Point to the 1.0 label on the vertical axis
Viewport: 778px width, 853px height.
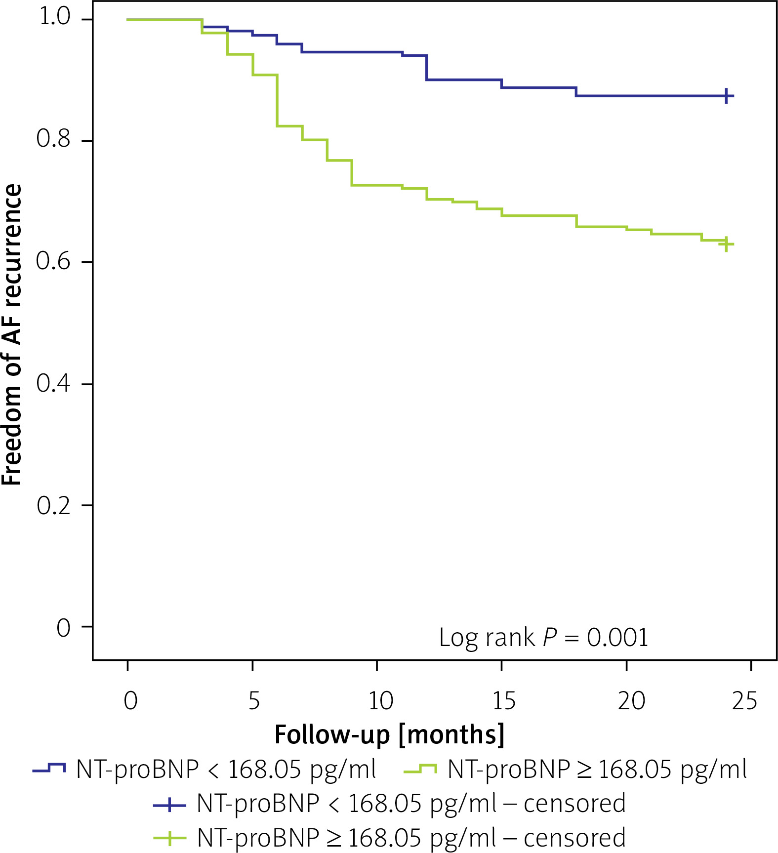[55, 17]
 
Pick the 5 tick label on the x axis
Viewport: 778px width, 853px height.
[253, 700]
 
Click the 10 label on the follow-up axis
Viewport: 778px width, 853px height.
[380, 700]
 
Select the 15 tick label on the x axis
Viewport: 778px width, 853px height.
[504, 700]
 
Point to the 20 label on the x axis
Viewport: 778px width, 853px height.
[631, 700]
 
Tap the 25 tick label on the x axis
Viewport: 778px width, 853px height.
[744, 700]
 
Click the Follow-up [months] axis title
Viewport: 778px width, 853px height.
[389, 734]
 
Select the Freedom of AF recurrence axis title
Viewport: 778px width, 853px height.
[12, 335]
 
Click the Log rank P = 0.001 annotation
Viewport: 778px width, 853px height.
[543, 637]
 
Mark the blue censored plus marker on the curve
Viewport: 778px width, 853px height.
[726, 96]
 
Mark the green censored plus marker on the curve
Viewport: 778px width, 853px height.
[726, 244]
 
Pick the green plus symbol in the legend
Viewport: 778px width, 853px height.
[169, 838]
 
